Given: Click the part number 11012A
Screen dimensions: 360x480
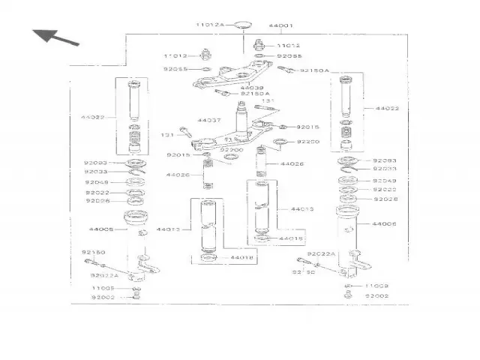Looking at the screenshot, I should (x=210, y=25).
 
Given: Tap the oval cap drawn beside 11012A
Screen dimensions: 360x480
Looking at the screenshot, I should (x=241, y=26).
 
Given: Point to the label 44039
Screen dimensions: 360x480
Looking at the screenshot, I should (x=251, y=88).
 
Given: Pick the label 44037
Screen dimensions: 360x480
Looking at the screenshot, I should (x=209, y=120).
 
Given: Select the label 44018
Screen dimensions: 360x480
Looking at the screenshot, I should (x=241, y=258).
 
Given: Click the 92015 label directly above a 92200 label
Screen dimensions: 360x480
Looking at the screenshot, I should (x=307, y=127).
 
